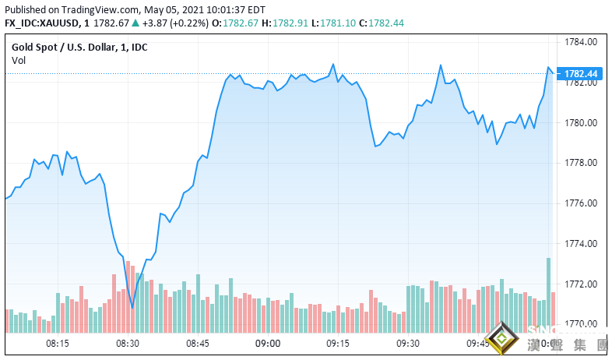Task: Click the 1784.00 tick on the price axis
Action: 581,42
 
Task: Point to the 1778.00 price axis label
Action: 581,163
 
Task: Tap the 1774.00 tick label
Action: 581,244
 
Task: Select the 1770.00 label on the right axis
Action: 581,324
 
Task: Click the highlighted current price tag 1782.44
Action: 581,73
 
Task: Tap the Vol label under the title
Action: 19,60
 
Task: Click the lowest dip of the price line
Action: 132,307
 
